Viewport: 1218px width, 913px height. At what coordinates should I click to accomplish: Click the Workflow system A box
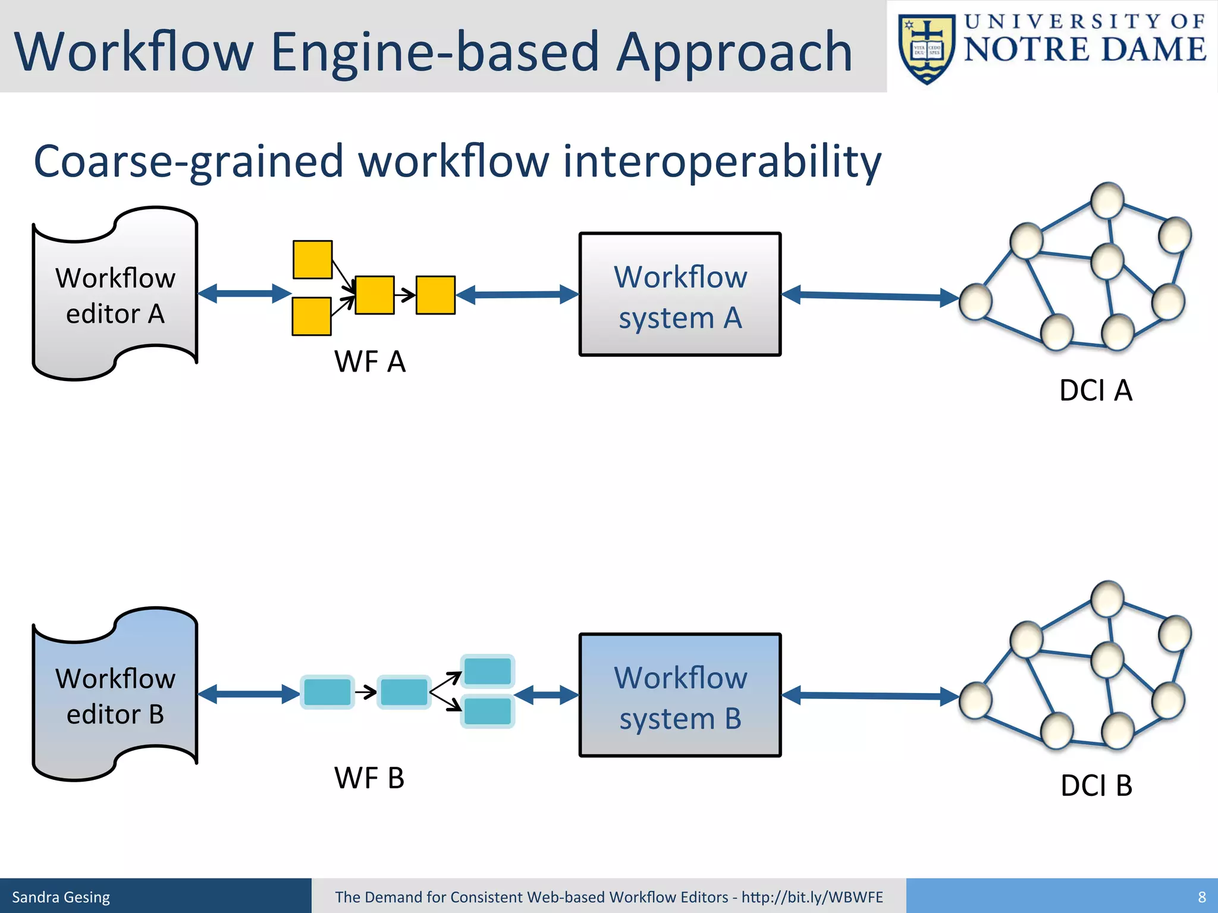click(680, 295)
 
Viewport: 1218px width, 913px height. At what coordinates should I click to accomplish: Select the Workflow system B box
click(680, 695)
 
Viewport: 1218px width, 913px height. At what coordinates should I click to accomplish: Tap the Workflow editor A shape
click(115, 295)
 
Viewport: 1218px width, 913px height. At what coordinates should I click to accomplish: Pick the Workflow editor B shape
click(115, 695)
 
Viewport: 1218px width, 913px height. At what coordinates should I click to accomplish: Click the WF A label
click(369, 361)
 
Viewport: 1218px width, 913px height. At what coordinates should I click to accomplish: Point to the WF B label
click(369, 778)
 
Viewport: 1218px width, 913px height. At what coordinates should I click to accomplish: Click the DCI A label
click(1095, 391)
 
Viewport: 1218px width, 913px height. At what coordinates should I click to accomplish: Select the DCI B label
click(1096, 785)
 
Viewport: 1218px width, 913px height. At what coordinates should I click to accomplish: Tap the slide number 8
click(1201, 897)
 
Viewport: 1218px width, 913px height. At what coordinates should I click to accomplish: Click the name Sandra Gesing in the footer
click(61, 897)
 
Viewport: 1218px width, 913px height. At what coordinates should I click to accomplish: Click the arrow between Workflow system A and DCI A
click(869, 295)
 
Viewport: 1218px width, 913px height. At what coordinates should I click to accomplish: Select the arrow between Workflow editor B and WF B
click(248, 694)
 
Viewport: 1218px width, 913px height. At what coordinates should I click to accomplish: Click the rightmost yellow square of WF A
click(435, 295)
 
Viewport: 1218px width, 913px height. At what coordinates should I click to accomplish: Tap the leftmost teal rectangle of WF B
click(327, 692)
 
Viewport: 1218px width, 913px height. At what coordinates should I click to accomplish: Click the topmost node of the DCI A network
click(1107, 200)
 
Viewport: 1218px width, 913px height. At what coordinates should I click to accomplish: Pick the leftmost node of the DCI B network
click(975, 701)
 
